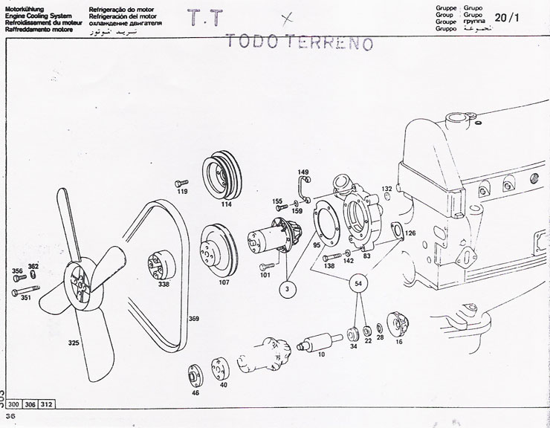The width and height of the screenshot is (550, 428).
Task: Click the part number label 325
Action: click(x=73, y=343)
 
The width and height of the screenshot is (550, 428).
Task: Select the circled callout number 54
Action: click(x=359, y=283)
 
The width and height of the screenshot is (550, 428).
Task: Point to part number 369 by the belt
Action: click(x=193, y=320)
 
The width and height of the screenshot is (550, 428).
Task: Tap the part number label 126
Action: click(x=410, y=233)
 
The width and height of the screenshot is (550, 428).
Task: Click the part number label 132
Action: click(x=386, y=189)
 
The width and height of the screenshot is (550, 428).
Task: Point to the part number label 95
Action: click(x=316, y=244)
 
